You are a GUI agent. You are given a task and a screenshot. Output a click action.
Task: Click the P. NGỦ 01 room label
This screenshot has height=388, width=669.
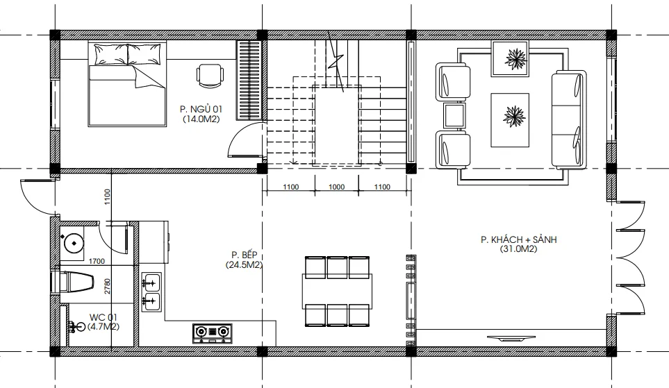pyautogui.click(x=201, y=109)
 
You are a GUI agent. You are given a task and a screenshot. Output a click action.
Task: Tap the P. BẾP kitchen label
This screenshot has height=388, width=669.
pyautogui.click(x=244, y=255)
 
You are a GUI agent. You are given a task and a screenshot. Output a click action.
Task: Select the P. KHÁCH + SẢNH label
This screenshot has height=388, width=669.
pyautogui.click(x=518, y=239)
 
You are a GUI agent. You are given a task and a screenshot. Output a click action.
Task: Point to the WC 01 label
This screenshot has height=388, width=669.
pyautogui.click(x=104, y=317)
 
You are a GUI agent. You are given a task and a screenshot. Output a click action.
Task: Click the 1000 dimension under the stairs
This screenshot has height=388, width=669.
pyautogui.click(x=337, y=187)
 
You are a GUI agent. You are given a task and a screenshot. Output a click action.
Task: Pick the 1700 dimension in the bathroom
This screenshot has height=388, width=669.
pyautogui.click(x=97, y=261)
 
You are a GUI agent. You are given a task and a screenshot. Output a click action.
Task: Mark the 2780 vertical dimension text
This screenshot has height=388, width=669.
pyautogui.click(x=107, y=286)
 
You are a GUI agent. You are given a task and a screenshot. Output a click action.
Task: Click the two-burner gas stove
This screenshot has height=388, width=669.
pyautogui.click(x=212, y=333)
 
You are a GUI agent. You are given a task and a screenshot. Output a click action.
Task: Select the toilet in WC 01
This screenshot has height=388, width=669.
pyautogui.click(x=72, y=282)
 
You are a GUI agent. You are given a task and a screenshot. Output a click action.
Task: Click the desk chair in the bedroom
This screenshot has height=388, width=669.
pyautogui.click(x=210, y=76)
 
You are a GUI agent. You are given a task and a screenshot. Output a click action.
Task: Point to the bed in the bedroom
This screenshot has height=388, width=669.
pyautogui.click(x=127, y=83)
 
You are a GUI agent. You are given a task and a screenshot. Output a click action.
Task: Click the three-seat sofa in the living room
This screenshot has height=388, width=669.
pyautogui.click(x=567, y=119)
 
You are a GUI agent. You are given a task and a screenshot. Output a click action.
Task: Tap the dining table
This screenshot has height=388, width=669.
pyautogui.click(x=337, y=292)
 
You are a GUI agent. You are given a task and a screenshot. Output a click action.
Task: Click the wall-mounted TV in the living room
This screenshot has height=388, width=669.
pyautogui.click(x=511, y=338)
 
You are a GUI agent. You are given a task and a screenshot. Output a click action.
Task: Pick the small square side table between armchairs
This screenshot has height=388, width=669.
pyautogui.click(x=454, y=115)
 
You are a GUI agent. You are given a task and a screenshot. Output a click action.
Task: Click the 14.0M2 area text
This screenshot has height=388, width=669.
pyautogui.click(x=201, y=119)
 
